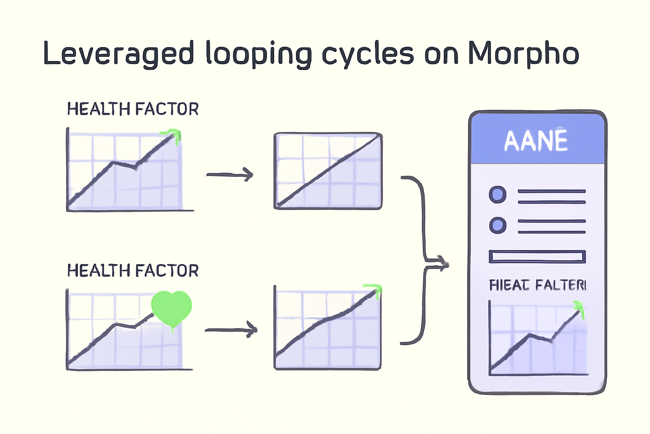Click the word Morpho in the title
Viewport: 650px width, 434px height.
tap(523, 54)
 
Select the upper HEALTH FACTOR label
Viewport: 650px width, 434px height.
tap(133, 109)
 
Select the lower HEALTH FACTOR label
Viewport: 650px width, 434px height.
tap(133, 270)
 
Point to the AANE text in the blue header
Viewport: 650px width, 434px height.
tap(536, 141)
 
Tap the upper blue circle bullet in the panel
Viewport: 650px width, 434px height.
tap(498, 195)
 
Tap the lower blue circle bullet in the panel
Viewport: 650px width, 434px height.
tap(498, 225)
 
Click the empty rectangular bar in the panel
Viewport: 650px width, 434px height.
tap(537, 257)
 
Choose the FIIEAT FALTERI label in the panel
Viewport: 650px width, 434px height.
tap(537, 285)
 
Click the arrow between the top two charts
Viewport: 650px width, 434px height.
tap(230, 174)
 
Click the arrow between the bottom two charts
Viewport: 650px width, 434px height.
tap(231, 330)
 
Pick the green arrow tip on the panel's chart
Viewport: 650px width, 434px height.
tap(579, 308)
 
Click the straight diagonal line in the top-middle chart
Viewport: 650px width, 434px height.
tap(328, 170)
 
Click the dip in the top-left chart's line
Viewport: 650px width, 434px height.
tap(135, 167)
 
